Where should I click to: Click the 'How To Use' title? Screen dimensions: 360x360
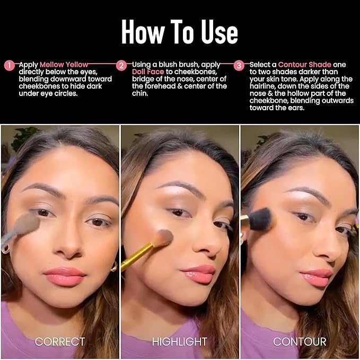tap(179, 32)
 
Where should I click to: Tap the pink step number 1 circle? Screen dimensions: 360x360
tap(9, 65)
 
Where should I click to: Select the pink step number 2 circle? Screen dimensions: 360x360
tap(122, 65)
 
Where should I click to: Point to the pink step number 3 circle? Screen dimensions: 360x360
tap(239, 65)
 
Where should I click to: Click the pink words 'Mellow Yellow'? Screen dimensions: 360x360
tap(64, 65)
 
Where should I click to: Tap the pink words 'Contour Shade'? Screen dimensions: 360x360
tap(304, 65)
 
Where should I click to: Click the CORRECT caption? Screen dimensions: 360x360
tap(60, 341)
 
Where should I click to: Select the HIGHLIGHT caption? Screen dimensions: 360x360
tap(180, 341)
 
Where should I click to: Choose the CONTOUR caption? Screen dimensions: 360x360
tap(300, 341)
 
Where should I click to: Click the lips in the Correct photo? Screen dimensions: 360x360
tap(65, 276)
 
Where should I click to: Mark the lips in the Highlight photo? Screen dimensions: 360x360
tap(198, 274)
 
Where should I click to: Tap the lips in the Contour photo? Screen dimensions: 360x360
tap(316, 276)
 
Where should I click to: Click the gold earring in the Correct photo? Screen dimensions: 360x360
tap(114, 267)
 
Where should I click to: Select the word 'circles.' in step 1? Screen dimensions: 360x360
tap(67, 93)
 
